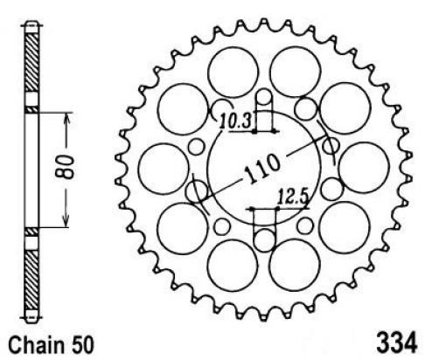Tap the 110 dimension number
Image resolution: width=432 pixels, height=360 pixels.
[261, 169]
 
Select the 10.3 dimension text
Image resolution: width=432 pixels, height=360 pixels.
[235, 121]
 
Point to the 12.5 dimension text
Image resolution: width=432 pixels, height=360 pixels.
[292, 197]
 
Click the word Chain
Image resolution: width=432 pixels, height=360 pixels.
[37, 345]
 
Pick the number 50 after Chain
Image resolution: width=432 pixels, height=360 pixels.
[82, 345]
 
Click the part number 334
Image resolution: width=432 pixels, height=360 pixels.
[397, 343]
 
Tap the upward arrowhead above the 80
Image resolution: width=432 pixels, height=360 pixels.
[67, 119]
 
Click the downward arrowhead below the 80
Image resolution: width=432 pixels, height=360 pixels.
[66, 221]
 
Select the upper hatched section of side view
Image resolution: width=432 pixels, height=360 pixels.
[31, 63]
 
